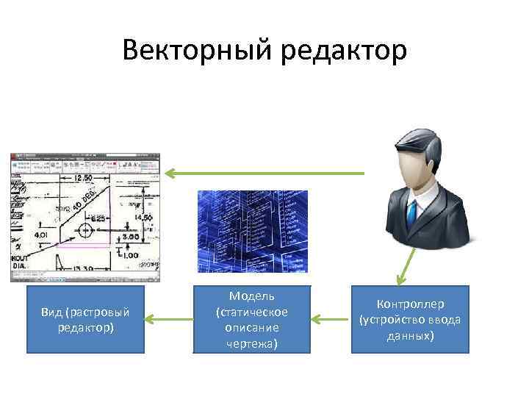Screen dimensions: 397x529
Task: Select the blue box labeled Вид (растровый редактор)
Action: click(85, 320)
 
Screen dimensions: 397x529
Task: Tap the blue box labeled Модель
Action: click(252, 320)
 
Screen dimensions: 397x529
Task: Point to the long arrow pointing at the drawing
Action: click(264, 174)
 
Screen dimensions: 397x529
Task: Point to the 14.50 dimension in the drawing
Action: click(144, 218)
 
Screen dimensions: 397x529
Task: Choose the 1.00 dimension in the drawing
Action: click(129, 254)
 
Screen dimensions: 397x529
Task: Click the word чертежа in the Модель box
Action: click(252, 343)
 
